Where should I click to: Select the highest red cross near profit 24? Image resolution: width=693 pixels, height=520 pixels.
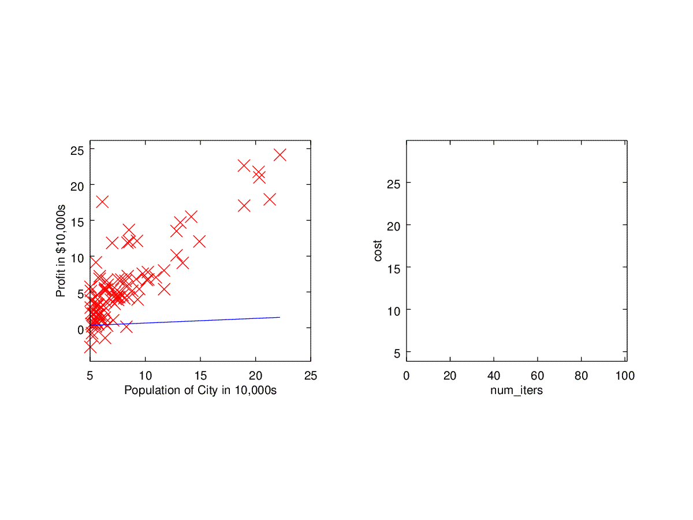click(x=280, y=155)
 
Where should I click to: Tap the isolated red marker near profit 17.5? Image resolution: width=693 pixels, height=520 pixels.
click(x=102, y=202)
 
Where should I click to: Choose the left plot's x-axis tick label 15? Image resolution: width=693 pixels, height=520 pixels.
click(x=200, y=376)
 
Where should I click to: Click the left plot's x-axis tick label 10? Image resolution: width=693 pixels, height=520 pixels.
click(x=145, y=376)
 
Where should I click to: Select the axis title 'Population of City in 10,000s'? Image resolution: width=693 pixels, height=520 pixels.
click(x=200, y=391)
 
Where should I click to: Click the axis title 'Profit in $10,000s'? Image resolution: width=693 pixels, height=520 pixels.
click(x=61, y=251)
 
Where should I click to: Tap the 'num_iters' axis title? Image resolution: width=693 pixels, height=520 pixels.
click(x=516, y=391)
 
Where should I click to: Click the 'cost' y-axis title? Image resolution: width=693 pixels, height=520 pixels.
click(x=378, y=251)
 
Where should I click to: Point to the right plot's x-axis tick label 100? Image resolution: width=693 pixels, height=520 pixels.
click(x=625, y=376)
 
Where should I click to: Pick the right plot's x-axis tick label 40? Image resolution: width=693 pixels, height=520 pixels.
click(x=494, y=376)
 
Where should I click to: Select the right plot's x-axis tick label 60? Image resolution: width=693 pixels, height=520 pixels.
click(x=538, y=376)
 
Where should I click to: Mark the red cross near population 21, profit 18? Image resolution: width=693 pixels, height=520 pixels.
click(x=269, y=199)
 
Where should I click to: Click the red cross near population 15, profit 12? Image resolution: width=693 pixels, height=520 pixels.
click(x=199, y=241)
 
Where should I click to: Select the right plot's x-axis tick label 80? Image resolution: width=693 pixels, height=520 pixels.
click(x=582, y=376)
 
